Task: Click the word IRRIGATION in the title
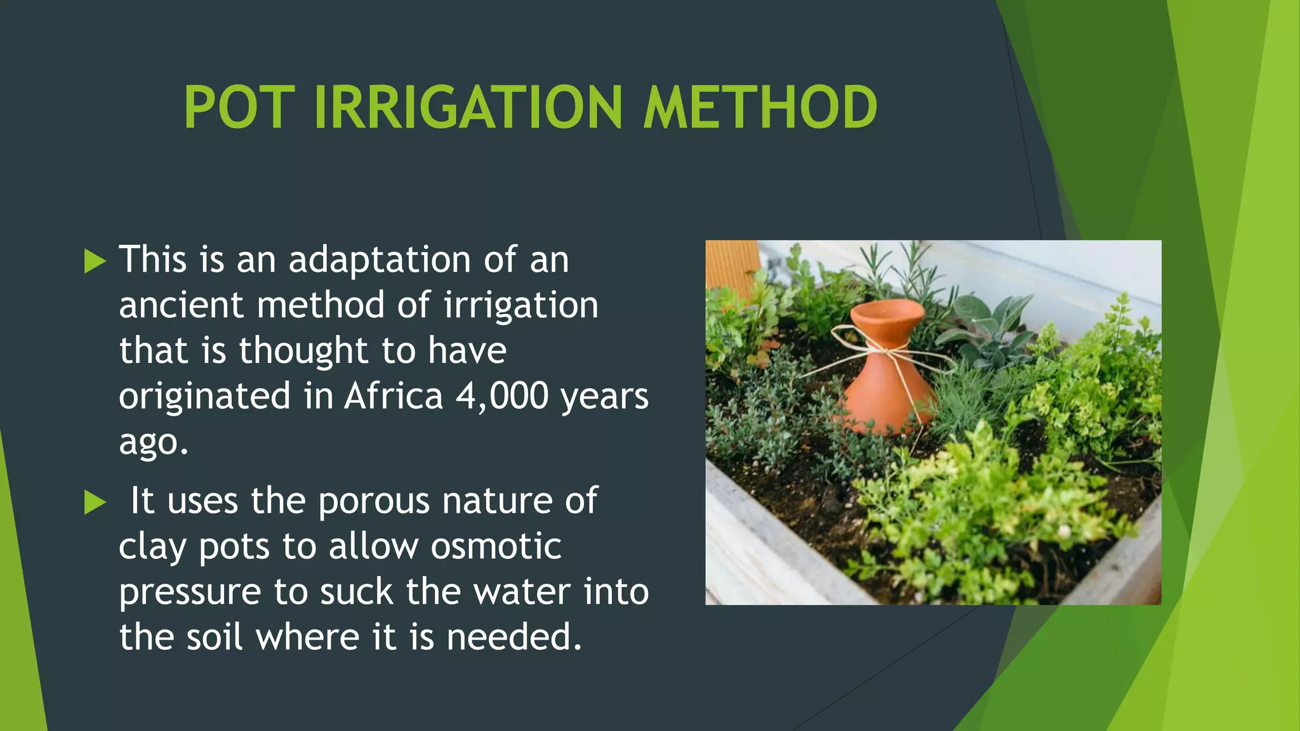click(468, 108)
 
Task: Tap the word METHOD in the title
click(760, 108)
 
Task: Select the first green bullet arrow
click(95, 261)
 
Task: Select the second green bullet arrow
click(95, 503)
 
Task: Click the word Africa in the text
click(394, 397)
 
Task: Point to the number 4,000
click(501, 397)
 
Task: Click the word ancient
click(181, 305)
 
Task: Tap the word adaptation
click(380, 260)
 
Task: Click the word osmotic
click(496, 546)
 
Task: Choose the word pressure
click(190, 593)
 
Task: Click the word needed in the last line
click(514, 637)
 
